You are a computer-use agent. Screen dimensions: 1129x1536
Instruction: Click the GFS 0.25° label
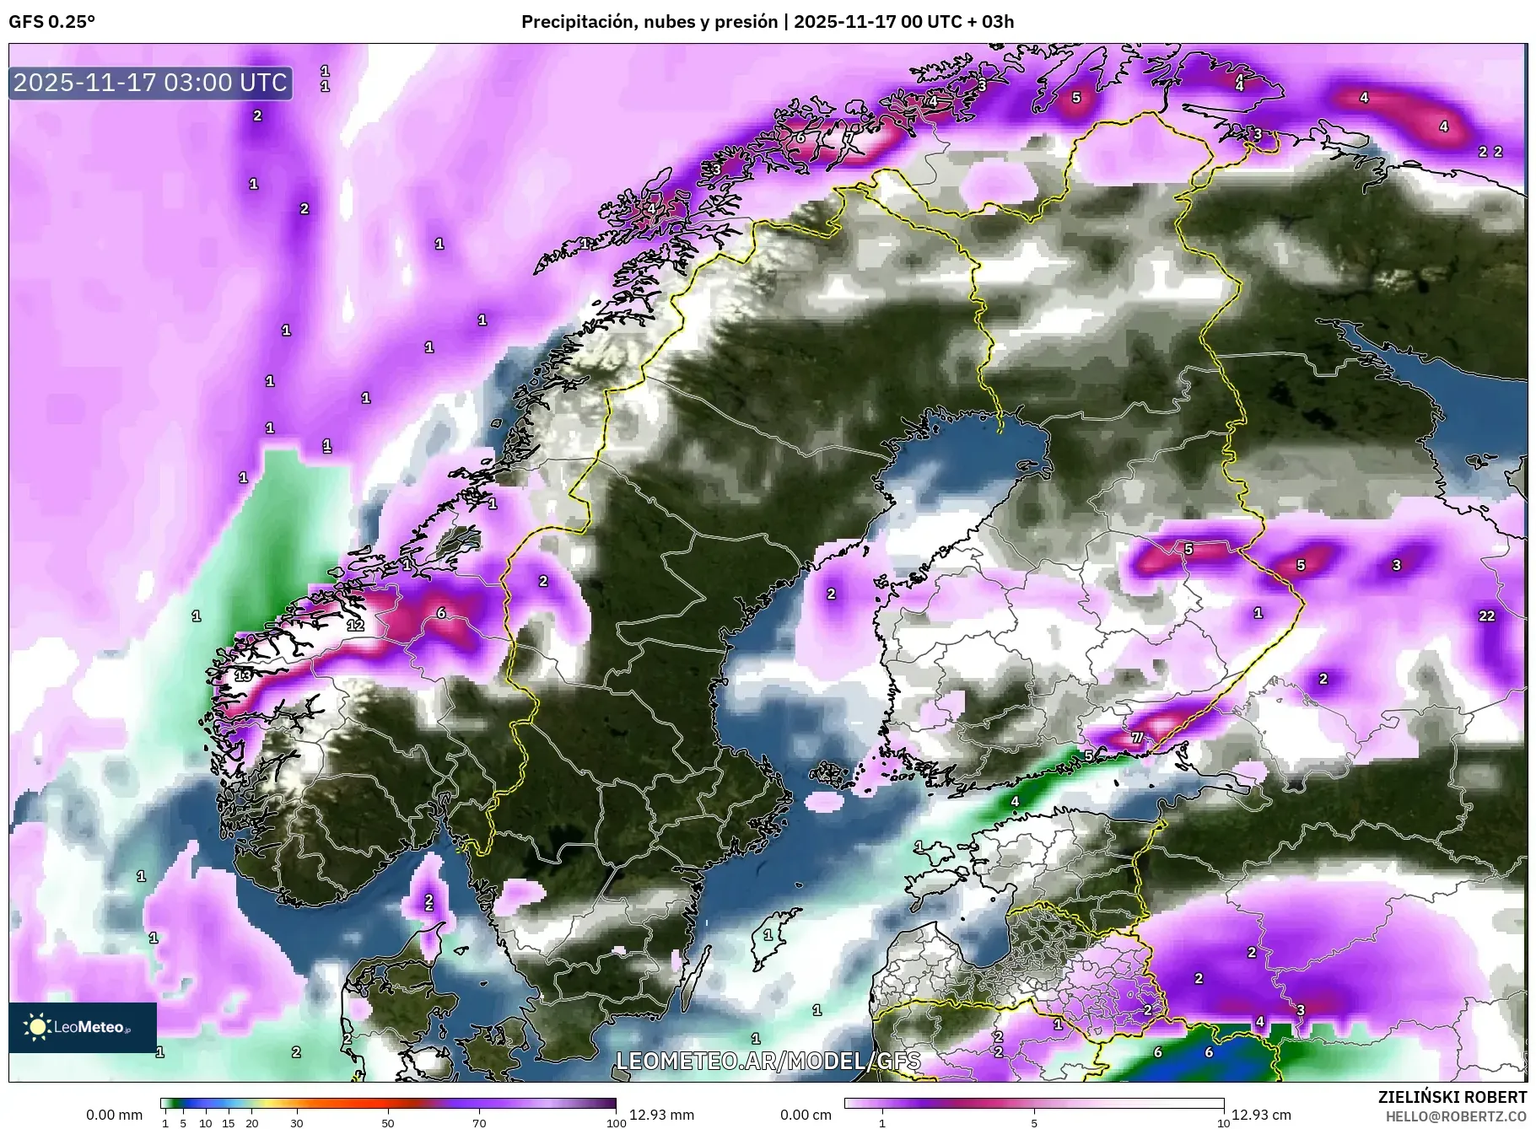coord(51,22)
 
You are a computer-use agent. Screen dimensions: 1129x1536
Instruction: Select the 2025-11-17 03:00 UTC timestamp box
coord(151,83)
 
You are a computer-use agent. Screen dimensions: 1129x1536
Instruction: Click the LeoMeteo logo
coord(83,1027)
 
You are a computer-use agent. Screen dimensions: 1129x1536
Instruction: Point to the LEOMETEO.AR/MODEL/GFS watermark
coord(768,1061)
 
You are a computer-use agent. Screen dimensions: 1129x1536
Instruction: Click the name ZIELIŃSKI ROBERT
coord(1452,1097)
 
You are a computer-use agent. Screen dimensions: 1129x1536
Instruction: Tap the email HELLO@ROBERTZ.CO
coord(1456,1116)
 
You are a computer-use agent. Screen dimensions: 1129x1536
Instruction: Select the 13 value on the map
coord(243,675)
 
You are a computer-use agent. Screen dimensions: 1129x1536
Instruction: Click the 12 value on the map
coord(355,625)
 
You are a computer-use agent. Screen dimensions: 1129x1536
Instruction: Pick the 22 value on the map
coord(1486,616)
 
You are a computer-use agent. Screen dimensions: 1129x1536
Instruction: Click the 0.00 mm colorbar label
coord(114,1115)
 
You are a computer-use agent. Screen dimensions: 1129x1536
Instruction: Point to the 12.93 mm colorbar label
coord(661,1115)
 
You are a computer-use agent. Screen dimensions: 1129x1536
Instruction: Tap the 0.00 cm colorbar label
coord(806,1115)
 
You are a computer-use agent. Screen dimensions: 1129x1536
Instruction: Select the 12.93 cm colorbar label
coord(1261,1115)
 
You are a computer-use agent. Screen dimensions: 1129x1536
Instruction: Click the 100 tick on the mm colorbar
coord(617,1123)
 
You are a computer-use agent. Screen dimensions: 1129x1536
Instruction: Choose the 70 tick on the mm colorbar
coord(479,1123)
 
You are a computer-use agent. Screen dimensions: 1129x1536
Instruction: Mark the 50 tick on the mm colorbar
coord(387,1123)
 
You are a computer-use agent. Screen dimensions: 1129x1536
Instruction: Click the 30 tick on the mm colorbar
coord(296,1123)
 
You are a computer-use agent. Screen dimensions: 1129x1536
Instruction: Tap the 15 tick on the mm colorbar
coord(228,1123)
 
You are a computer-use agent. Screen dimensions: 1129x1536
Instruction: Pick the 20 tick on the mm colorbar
coord(251,1123)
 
